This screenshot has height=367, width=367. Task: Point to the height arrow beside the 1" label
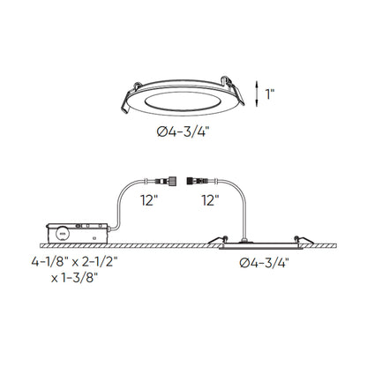coord(255,91)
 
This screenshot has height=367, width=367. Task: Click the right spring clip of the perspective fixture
coord(233,86)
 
